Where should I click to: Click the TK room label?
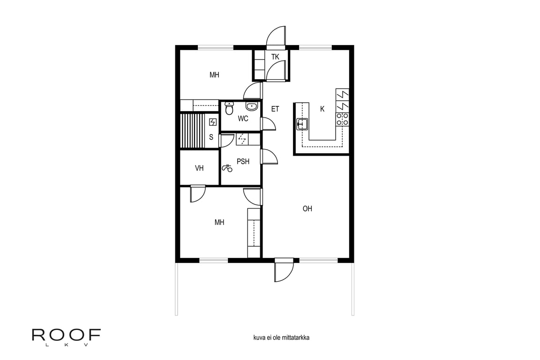[275, 57]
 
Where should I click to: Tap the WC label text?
[243, 119]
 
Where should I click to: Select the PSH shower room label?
[243, 161]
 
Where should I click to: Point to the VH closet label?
[199, 168]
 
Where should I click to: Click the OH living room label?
[307, 209]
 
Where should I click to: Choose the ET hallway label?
[275, 109]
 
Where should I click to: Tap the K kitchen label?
[322, 109]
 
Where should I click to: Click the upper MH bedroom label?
[214, 75]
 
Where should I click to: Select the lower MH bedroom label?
[219, 222]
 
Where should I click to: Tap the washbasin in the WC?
[252, 106]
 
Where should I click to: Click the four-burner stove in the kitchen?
[342, 119]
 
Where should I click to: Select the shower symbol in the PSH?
[227, 168]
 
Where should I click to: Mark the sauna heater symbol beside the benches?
[213, 122]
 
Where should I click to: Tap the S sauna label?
[211, 137]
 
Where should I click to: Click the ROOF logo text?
[66, 335]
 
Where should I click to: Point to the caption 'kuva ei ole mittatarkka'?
[281, 337]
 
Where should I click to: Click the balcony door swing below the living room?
[285, 270]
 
